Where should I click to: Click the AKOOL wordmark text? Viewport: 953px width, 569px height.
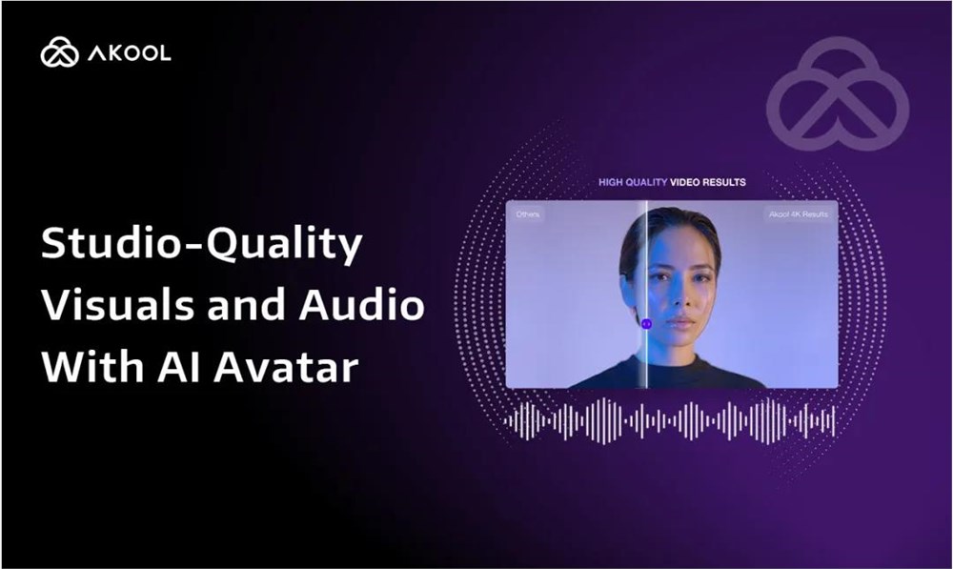(x=130, y=53)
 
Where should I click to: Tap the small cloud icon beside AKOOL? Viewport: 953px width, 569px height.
(x=59, y=53)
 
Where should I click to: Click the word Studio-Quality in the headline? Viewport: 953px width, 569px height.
(x=201, y=247)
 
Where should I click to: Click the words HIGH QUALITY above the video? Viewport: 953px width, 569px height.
(x=632, y=181)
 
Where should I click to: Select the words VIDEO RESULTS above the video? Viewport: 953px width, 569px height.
(x=708, y=181)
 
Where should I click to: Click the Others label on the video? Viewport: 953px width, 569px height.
(x=527, y=214)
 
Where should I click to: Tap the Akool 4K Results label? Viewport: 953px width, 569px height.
(x=797, y=214)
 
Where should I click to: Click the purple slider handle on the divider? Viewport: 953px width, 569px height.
(x=646, y=324)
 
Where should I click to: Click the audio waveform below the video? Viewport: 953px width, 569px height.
(x=670, y=419)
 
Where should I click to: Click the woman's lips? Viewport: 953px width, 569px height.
(x=681, y=322)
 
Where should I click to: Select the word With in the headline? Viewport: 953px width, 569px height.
(x=87, y=367)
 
